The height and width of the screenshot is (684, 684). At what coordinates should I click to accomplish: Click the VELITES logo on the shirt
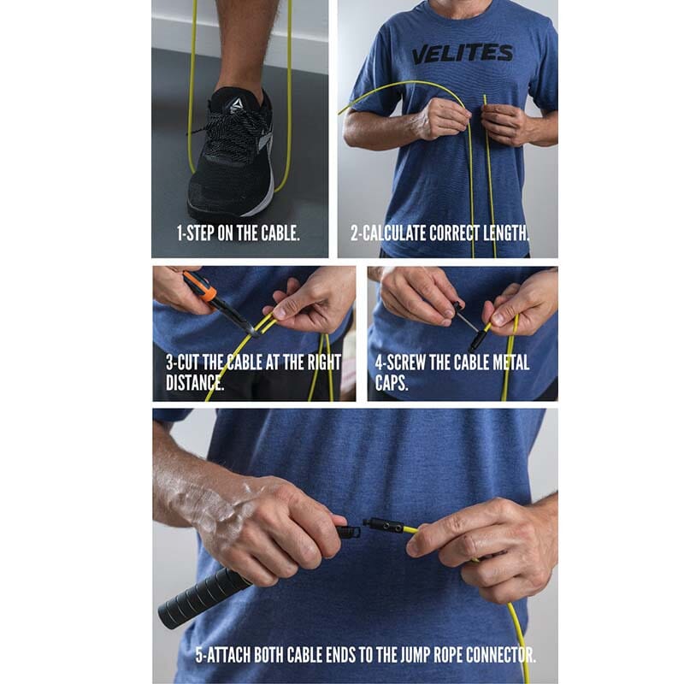click(x=463, y=54)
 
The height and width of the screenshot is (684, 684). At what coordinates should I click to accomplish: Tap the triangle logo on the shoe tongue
click(x=237, y=104)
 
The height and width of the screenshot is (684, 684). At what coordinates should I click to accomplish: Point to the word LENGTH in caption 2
click(x=505, y=233)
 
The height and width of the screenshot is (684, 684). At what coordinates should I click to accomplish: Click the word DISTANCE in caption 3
click(x=195, y=382)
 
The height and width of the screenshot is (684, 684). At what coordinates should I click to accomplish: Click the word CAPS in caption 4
click(x=392, y=382)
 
